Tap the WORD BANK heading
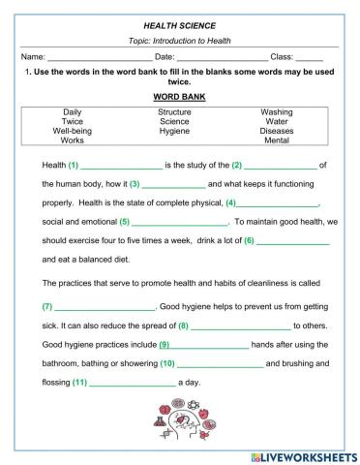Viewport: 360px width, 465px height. pos(179,97)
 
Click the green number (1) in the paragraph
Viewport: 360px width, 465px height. pos(74,165)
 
